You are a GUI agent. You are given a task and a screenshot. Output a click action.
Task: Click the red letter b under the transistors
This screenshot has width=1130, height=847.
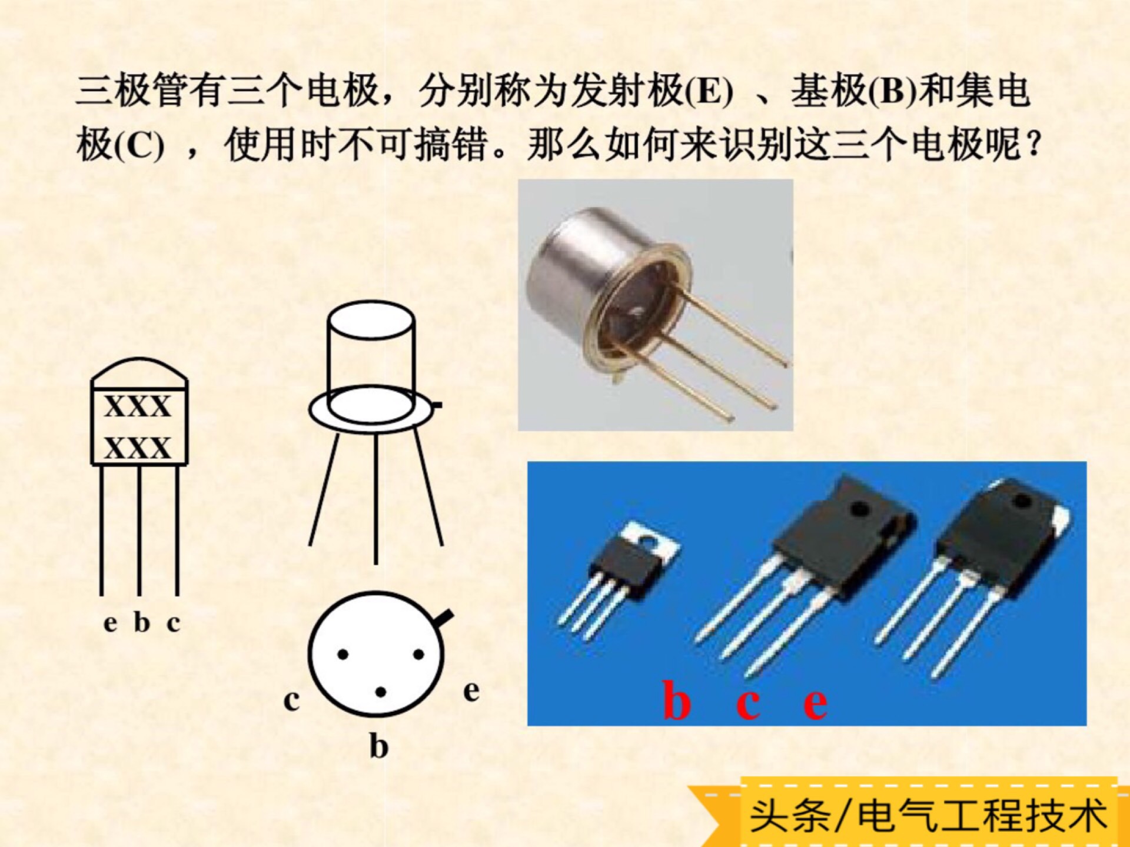[676, 701]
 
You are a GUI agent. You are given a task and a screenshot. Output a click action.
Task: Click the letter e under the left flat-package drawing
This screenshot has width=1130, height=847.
[110, 623]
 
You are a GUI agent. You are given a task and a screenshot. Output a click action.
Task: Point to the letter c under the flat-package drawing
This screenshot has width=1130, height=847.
[173, 623]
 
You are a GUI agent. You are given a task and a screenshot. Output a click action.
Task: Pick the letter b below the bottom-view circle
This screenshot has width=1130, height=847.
[379, 746]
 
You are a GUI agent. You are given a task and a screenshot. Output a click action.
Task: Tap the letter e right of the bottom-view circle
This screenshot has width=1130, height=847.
[471, 691]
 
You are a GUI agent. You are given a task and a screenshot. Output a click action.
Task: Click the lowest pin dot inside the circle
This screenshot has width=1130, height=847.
[381, 692]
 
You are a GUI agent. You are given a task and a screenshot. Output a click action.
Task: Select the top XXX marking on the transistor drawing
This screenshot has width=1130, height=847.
[138, 406]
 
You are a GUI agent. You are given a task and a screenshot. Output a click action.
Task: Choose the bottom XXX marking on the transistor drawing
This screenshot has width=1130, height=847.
[138, 448]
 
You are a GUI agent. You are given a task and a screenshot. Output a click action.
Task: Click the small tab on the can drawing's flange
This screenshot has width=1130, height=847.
[437, 405]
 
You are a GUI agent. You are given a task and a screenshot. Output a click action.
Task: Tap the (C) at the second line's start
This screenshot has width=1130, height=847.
[137, 145]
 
